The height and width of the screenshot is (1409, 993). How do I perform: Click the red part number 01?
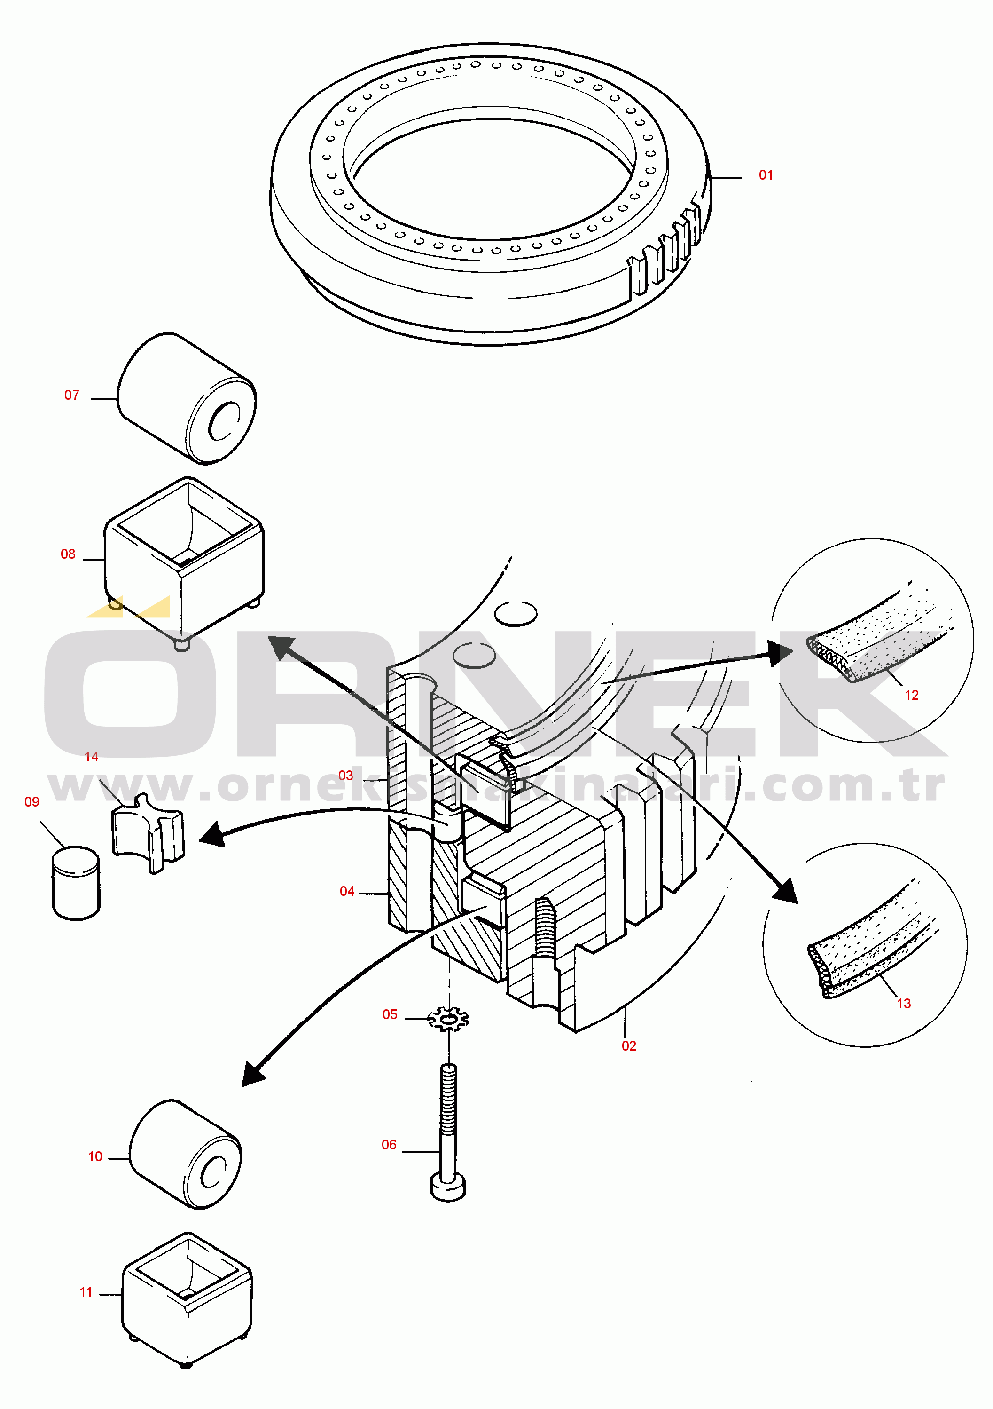(x=766, y=175)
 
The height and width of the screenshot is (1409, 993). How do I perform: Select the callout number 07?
(x=72, y=395)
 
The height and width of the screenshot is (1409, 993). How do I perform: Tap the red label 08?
(x=68, y=554)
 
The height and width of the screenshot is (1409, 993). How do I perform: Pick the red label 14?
(x=91, y=757)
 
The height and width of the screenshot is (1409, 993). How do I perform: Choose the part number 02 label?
(x=629, y=1046)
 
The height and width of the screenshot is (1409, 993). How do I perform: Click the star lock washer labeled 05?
(x=448, y=1019)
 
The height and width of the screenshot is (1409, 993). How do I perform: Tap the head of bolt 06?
(x=448, y=1187)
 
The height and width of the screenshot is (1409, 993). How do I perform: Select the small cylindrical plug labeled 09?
(x=76, y=883)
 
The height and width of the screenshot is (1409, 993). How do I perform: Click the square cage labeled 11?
(x=187, y=1299)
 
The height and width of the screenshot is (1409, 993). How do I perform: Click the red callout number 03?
(x=346, y=776)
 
